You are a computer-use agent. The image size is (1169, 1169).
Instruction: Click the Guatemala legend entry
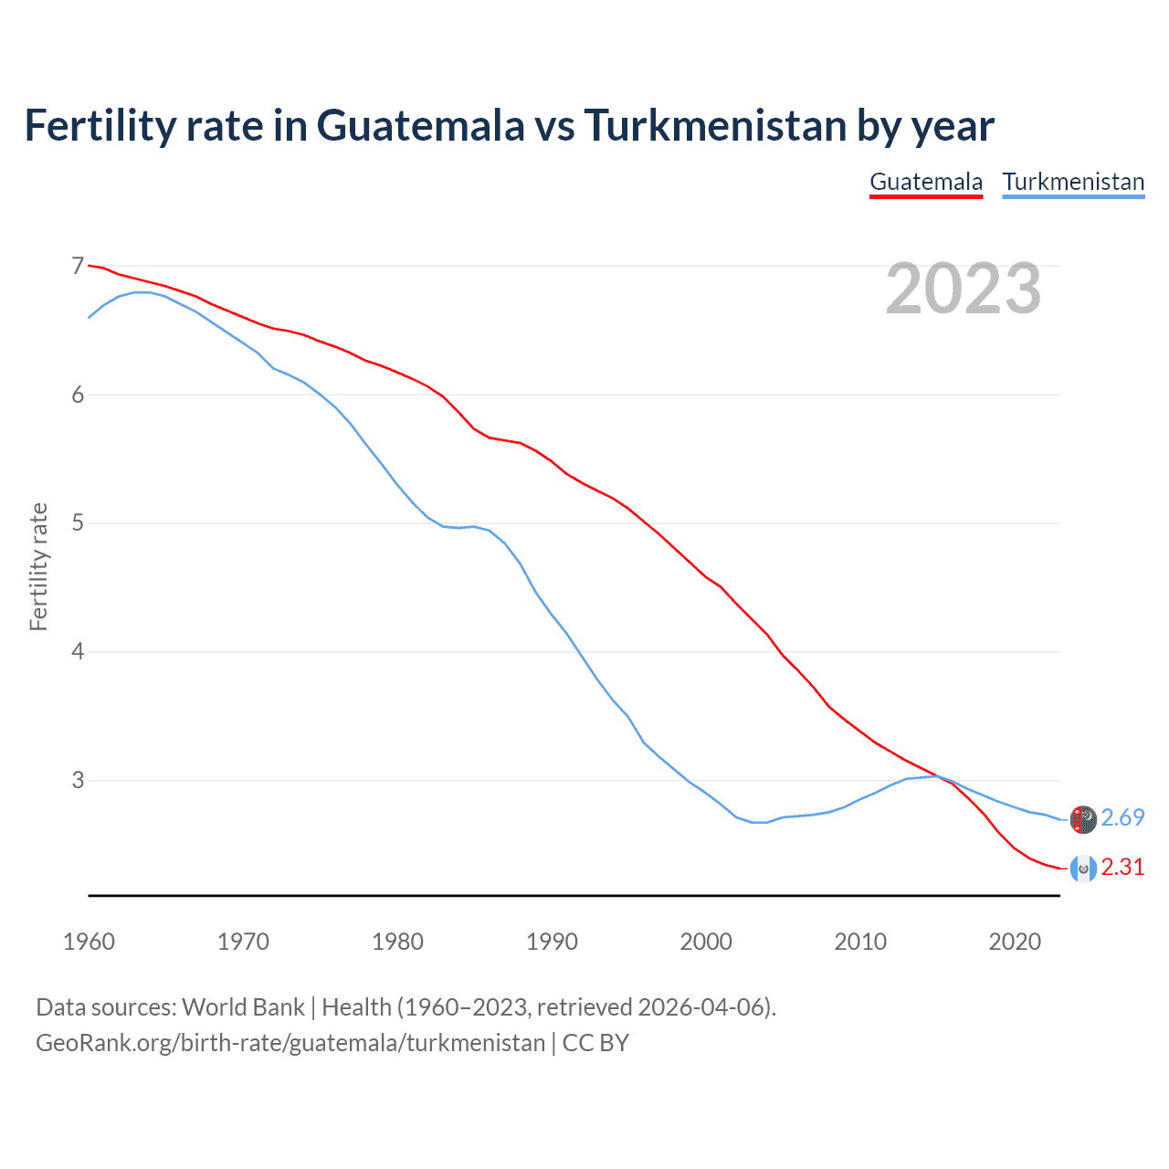tap(925, 182)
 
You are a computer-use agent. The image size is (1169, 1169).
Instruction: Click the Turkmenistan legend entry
tap(1073, 182)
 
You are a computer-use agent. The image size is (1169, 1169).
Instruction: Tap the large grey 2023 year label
tap(964, 289)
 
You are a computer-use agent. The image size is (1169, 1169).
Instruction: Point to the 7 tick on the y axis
tap(78, 267)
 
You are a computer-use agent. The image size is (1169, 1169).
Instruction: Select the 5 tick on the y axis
tap(78, 523)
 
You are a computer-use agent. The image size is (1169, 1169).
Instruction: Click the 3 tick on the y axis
tap(78, 780)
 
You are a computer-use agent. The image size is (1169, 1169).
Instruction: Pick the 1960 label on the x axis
tap(89, 942)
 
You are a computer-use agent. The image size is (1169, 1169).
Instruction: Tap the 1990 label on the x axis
tap(552, 942)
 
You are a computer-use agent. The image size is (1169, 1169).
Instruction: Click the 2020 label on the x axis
tap(1015, 942)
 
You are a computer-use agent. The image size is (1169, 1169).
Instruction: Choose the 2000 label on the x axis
tap(706, 942)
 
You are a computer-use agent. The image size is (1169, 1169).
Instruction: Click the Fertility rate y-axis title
tap(38, 566)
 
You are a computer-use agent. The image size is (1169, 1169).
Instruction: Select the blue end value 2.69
tap(1122, 817)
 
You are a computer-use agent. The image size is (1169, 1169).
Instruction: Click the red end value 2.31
tap(1122, 867)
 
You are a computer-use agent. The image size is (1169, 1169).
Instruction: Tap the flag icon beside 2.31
tap(1083, 869)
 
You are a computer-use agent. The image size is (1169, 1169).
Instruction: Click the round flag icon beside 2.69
tap(1083, 819)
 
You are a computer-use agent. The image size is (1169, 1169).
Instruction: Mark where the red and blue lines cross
tap(938, 776)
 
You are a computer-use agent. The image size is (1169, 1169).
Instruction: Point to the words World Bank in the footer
tap(243, 1007)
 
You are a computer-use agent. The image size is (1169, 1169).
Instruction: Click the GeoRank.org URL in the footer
tap(290, 1043)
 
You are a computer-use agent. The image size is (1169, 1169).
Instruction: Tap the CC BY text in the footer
tap(595, 1043)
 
